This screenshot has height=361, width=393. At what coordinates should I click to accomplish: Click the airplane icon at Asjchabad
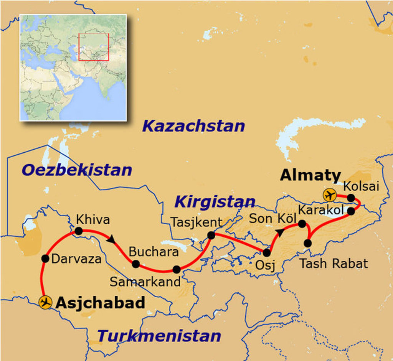point(45,302)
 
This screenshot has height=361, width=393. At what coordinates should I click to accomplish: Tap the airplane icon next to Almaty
point(329,195)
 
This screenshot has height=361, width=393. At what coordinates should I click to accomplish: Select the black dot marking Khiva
point(79,231)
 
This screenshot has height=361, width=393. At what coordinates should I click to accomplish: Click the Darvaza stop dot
point(45,259)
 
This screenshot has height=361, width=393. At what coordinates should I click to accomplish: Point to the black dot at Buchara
point(136,264)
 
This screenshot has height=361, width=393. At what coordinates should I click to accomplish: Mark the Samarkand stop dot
point(177,269)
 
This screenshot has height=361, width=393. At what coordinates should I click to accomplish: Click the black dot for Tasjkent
point(211,235)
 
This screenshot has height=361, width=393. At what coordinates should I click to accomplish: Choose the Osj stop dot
point(267,252)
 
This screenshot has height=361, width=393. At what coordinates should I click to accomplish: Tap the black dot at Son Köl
point(302,223)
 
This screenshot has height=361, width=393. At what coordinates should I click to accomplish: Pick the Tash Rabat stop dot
point(308,243)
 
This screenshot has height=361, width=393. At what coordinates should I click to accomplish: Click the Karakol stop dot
point(351,211)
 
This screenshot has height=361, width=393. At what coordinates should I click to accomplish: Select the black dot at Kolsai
point(351,198)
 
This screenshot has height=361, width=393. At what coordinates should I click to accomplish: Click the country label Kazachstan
point(193,126)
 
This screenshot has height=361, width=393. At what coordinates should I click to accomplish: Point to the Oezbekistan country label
point(77,170)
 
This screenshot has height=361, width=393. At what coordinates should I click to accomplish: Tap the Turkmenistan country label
point(159,336)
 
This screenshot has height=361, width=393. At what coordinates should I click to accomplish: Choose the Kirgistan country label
point(215,201)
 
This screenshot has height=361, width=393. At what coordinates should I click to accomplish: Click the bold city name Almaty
point(310,176)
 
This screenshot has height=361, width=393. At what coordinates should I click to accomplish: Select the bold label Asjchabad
point(101,303)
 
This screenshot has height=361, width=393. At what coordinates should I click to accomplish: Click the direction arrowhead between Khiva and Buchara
point(111,239)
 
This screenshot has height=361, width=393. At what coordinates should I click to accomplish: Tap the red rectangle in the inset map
point(94,47)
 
